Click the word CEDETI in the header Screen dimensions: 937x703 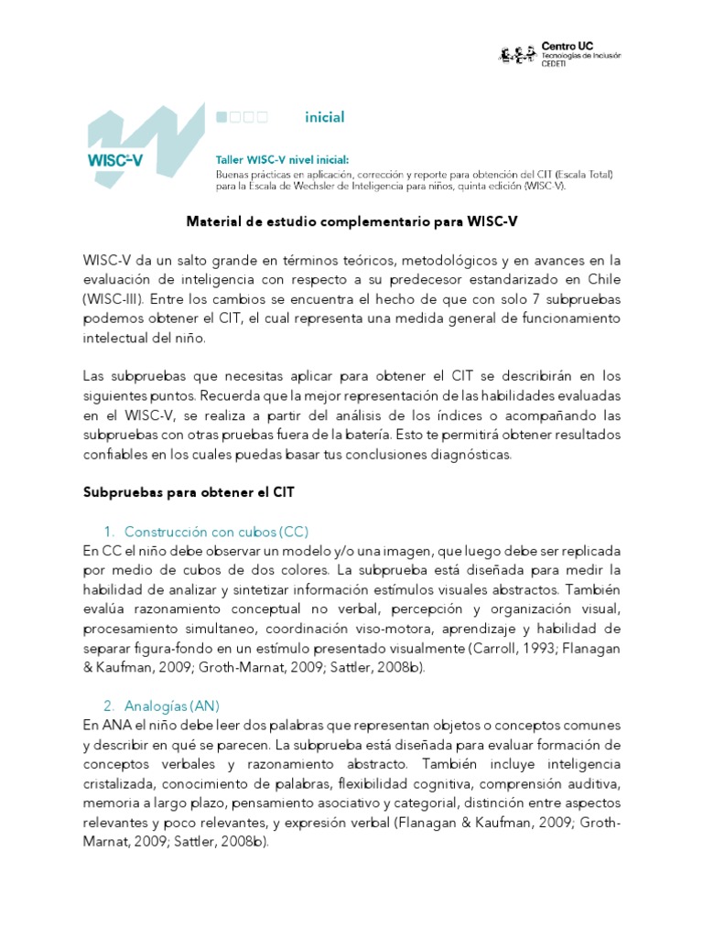coord(557,63)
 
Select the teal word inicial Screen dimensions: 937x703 coord(325,117)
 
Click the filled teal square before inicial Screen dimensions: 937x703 coord(221,117)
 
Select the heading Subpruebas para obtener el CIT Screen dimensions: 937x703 coord(189,492)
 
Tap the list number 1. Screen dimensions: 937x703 coord(107,532)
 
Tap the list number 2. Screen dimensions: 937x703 coord(108,705)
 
